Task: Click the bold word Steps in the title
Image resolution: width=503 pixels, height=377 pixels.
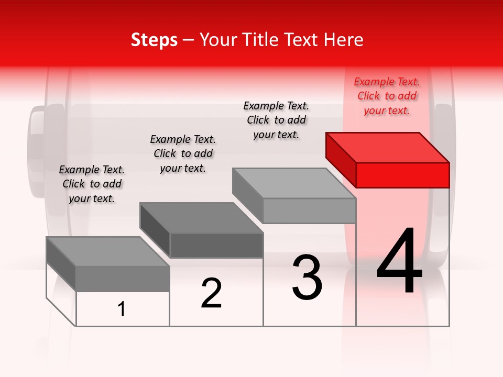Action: (154, 40)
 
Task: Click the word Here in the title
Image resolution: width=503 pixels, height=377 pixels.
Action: (343, 40)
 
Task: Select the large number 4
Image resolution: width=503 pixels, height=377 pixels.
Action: (399, 262)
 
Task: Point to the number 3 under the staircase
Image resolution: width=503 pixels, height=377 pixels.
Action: (307, 278)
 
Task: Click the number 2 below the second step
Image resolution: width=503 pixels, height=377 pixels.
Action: (211, 293)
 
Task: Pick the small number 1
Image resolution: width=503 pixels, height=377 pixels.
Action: (122, 309)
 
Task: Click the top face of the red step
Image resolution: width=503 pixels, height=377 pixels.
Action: (388, 147)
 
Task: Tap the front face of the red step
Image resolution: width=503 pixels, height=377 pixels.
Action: (402, 175)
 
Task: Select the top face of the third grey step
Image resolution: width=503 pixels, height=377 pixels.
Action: (294, 183)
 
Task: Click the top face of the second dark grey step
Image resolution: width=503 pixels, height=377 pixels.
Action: (201, 217)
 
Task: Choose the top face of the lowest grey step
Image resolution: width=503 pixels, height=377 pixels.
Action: (108, 251)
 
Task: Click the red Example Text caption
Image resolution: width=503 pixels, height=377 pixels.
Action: (387, 96)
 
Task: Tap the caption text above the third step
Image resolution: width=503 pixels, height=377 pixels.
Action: (276, 120)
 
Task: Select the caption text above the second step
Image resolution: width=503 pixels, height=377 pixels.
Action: (183, 153)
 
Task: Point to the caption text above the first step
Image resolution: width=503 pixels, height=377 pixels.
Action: (92, 184)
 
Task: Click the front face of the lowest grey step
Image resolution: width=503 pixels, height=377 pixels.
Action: (123, 279)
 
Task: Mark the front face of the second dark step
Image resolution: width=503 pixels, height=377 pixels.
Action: (216, 245)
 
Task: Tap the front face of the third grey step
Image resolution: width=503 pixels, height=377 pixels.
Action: (309, 210)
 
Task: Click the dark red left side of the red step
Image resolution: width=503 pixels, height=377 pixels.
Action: (341, 159)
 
